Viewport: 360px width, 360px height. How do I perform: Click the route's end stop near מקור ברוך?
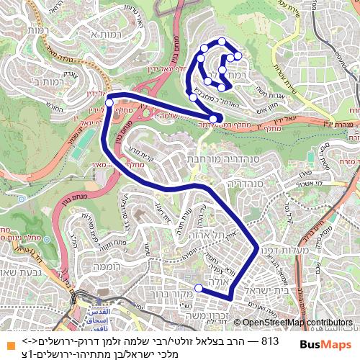tap(199, 287)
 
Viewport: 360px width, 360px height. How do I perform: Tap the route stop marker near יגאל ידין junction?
tap(109, 103)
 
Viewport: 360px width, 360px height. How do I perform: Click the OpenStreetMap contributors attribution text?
tap(297, 323)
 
